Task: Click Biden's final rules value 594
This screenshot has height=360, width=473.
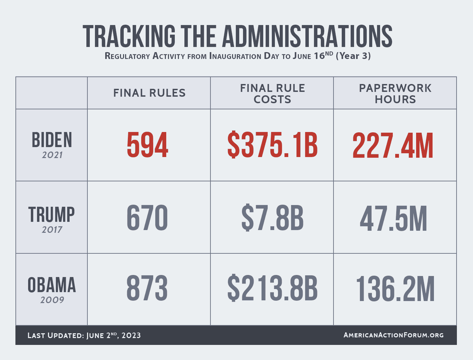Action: tap(147, 145)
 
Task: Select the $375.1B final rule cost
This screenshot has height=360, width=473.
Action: tap(272, 145)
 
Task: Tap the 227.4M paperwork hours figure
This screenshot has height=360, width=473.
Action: tap(393, 145)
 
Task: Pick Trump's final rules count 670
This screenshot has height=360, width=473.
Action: tap(147, 218)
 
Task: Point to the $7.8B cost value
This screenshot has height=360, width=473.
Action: tap(272, 218)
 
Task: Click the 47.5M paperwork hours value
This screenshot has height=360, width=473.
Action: tap(393, 218)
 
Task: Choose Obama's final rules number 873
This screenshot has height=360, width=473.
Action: tap(147, 289)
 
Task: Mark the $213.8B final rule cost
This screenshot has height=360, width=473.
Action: tap(272, 289)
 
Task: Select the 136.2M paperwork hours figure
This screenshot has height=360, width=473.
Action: tap(395, 289)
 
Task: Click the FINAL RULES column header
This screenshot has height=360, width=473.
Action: tap(149, 93)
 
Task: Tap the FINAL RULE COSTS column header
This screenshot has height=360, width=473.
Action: tap(272, 94)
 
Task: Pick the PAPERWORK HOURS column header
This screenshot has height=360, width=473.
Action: tap(395, 94)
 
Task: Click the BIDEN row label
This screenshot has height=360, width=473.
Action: tap(52, 140)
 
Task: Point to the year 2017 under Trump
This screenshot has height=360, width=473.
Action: tap(52, 230)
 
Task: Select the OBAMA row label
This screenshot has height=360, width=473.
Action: tap(52, 285)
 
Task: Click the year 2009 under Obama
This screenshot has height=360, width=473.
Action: tap(52, 300)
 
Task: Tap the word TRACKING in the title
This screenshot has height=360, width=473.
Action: tap(129, 36)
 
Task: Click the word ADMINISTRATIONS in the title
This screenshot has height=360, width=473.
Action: tap(307, 36)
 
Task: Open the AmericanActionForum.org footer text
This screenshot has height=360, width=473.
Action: tap(393, 335)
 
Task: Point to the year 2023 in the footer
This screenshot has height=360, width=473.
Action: tap(131, 335)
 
